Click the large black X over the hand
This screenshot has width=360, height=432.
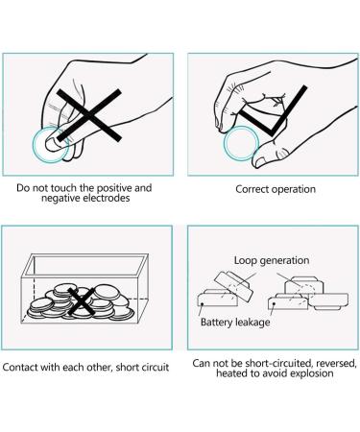pos(89,115)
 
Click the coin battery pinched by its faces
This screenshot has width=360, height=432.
pos(51,145)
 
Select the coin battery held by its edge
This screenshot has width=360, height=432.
pos(241,143)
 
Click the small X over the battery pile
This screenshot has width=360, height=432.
pos(82,301)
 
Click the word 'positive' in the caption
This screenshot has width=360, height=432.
pos(114,187)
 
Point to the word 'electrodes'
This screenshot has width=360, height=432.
pos(107,198)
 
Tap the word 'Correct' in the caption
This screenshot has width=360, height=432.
pos(251,189)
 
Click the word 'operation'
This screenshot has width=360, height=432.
pos(292,189)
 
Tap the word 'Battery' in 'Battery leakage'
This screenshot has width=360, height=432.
pos(217,322)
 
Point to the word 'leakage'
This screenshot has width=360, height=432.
pos(252,323)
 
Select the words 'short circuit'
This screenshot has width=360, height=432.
pos(142,367)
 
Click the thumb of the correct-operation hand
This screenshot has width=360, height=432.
pos(271,154)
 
